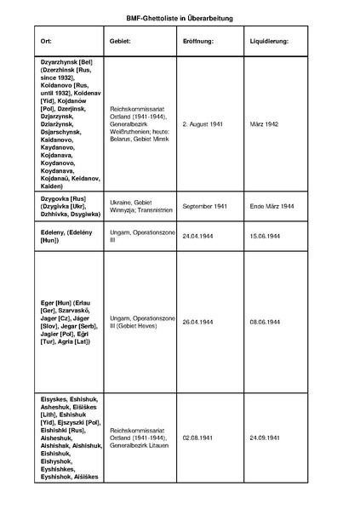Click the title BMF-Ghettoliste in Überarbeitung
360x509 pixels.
pos(180,17)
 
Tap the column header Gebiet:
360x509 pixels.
pos(119,41)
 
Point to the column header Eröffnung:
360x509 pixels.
pos(197,41)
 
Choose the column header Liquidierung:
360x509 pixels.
pos(270,41)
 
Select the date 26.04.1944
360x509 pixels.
pos(198,322)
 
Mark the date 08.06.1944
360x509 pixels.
pos(266,322)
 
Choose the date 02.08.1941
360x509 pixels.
pos(198,438)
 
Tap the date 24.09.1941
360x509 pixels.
pos(266,438)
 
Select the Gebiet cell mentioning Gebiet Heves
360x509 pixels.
pos(141,322)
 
